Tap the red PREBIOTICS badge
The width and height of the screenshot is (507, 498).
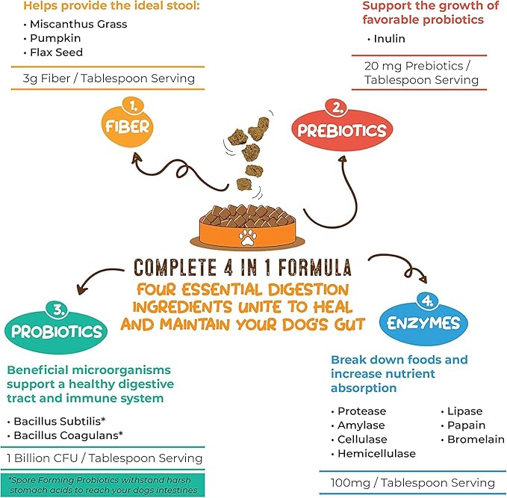(340, 130)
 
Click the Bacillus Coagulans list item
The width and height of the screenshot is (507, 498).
(71, 434)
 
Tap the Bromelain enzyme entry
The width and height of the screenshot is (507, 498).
(476, 440)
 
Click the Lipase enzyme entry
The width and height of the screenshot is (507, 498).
(464, 411)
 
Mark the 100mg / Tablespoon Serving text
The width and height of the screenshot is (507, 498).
(412, 482)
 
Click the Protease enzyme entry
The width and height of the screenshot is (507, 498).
(361, 411)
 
